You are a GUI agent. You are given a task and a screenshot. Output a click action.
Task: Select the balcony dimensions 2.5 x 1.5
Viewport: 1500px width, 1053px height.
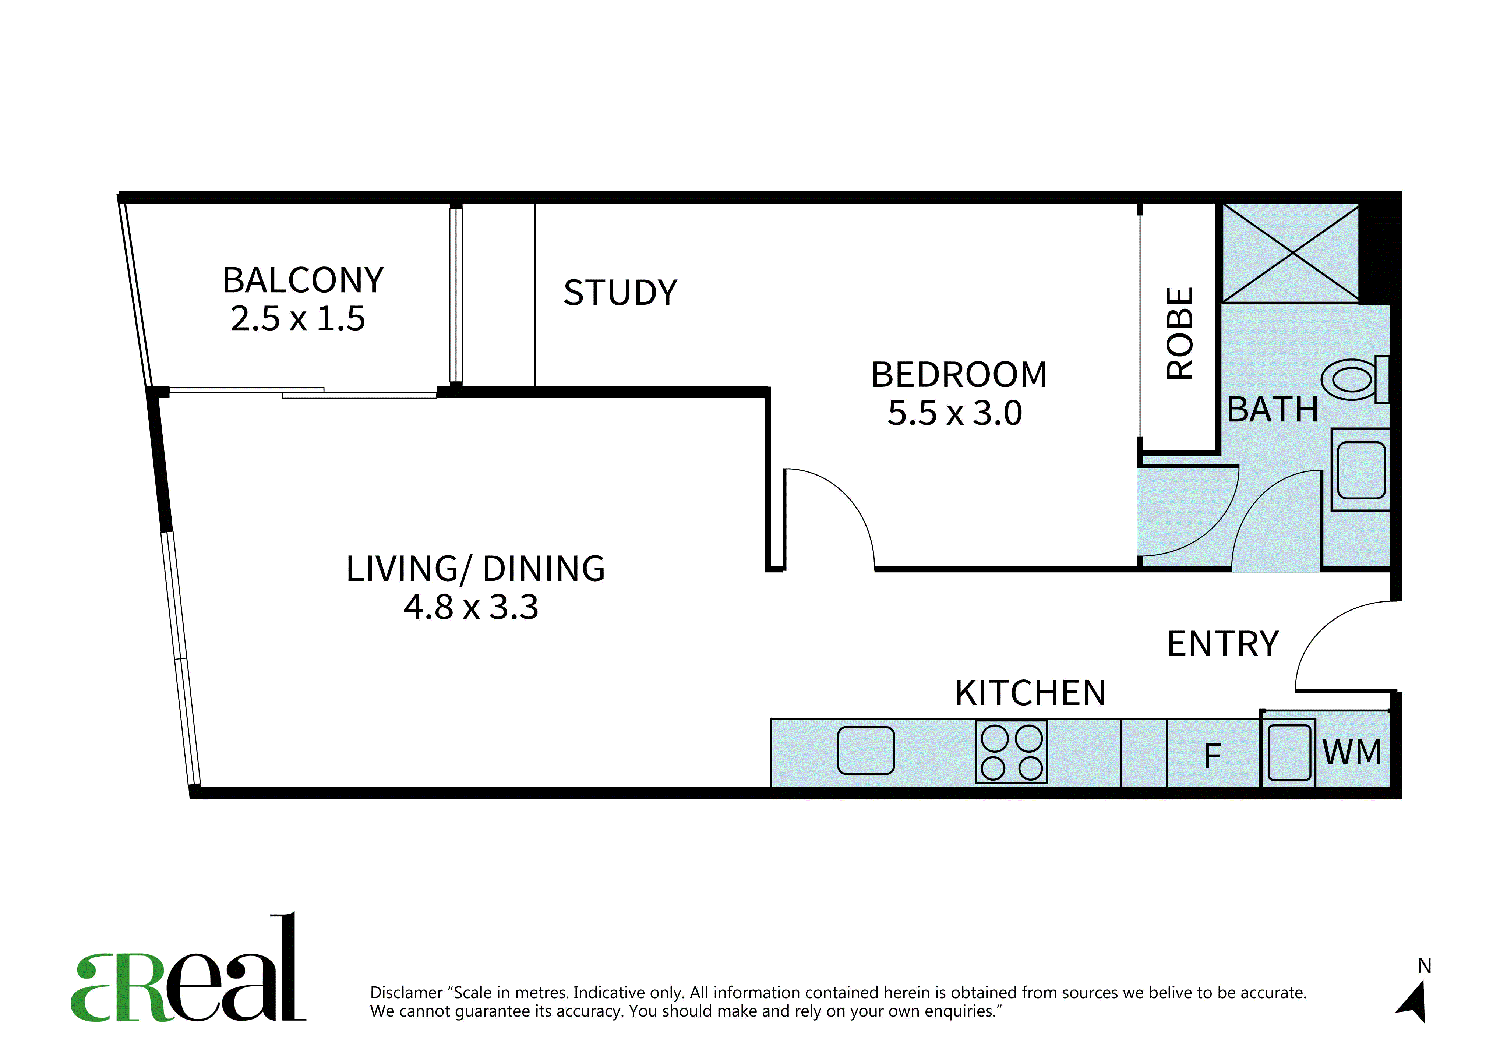[298, 319]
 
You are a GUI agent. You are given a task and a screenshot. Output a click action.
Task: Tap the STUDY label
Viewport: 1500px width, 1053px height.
[621, 293]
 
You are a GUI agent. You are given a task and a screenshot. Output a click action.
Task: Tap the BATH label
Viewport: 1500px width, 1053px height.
[1273, 410]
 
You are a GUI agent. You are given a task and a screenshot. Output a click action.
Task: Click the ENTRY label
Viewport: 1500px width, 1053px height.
[1223, 644]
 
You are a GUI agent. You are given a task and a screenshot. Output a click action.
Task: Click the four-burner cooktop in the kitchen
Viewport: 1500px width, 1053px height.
[1011, 752]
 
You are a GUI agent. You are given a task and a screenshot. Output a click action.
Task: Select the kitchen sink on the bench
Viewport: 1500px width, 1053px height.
[866, 750]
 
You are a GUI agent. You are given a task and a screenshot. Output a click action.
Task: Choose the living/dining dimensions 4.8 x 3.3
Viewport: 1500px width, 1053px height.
[471, 608]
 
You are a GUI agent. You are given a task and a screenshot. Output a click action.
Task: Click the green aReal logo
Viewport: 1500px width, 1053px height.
[188, 967]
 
